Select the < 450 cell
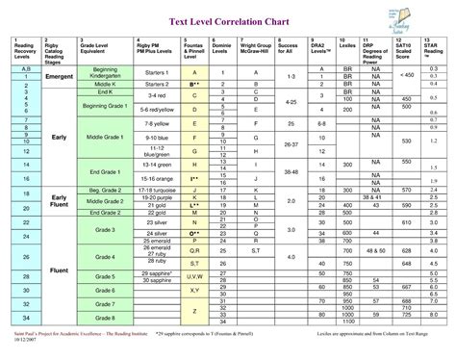pyautogui.click(x=407, y=74)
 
